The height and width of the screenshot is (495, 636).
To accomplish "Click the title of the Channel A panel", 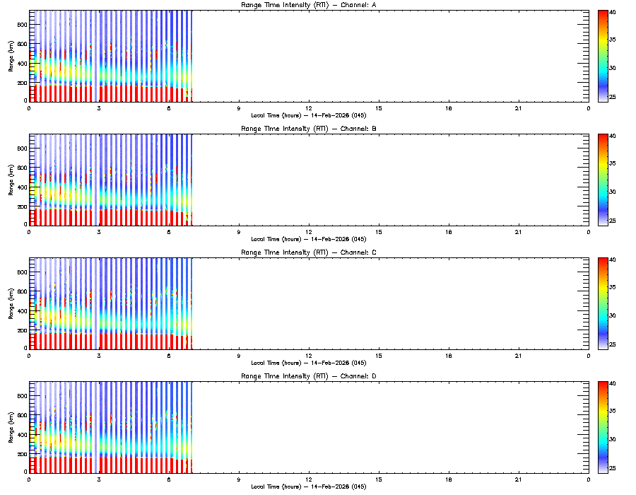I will tap(308, 6).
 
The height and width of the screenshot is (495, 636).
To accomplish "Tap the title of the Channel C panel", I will tap(308, 252).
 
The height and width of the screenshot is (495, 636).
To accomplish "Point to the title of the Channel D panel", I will tap(308, 376).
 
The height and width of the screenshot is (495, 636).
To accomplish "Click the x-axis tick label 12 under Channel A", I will tap(309, 108).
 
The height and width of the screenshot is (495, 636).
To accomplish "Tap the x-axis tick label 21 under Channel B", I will tap(519, 232).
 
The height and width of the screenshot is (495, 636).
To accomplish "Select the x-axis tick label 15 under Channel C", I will tap(379, 356).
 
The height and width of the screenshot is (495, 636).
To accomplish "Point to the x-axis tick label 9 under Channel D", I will tap(239, 479).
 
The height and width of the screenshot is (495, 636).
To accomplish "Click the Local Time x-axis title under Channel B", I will tap(308, 239).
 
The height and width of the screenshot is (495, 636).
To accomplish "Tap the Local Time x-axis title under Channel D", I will tap(308, 487).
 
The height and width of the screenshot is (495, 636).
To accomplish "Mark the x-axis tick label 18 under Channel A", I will tap(449, 108).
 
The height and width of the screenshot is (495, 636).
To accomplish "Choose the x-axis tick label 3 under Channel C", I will tap(99, 356).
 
